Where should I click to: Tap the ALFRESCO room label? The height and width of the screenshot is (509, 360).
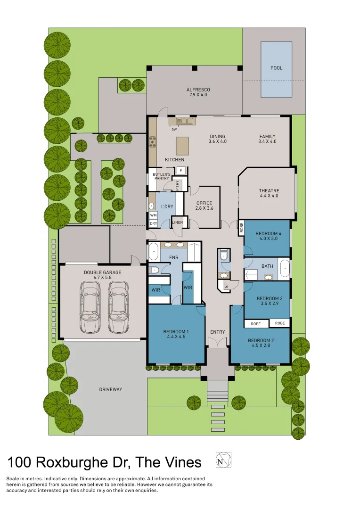click(x=198, y=92)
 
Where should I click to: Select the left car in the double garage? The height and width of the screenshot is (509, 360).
click(x=90, y=307)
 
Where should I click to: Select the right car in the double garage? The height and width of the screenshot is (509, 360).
click(x=118, y=307)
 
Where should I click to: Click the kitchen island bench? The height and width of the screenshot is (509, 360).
click(x=182, y=146)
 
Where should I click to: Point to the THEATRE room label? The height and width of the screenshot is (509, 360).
click(x=269, y=193)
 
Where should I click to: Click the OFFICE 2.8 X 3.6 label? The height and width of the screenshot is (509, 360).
click(x=204, y=206)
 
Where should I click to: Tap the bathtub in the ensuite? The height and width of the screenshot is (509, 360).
click(x=154, y=252)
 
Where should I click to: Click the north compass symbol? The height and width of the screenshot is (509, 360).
click(x=223, y=460)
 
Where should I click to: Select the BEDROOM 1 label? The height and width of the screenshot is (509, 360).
click(x=176, y=334)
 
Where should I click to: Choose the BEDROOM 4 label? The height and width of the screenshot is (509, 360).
click(x=268, y=236)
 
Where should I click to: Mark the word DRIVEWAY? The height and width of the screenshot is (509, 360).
click(x=111, y=389)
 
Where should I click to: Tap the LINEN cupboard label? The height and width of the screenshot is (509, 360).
click(x=178, y=222)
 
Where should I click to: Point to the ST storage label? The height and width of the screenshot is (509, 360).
click(x=226, y=286)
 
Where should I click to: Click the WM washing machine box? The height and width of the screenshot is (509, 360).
click(x=153, y=215)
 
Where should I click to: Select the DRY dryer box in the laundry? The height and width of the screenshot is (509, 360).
click(x=153, y=223)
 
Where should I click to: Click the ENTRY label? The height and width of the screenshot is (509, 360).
click(x=218, y=332)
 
